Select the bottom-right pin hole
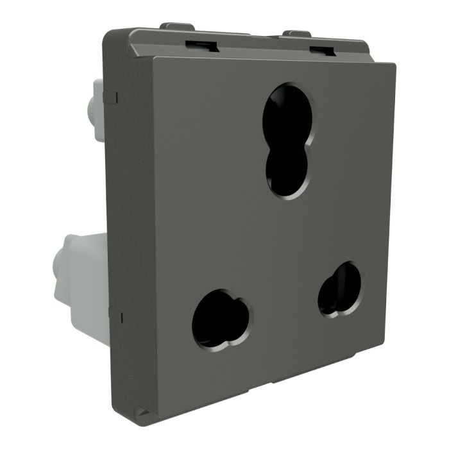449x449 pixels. coord(339,288)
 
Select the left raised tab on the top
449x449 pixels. coord(178,27)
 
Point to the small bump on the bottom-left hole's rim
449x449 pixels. coord(239,301)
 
